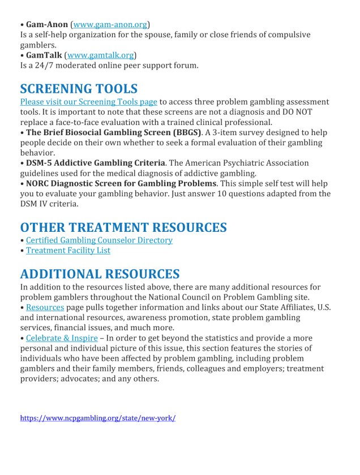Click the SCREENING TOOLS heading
click(79, 89)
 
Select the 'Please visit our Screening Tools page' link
click(89, 102)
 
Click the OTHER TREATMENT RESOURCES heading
click(123, 227)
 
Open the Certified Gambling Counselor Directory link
click(99, 240)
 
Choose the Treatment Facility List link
click(68, 250)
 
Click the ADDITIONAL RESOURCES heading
click(100, 274)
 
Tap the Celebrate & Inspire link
click(62, 338)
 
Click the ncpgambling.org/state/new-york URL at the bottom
click(98, 418)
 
